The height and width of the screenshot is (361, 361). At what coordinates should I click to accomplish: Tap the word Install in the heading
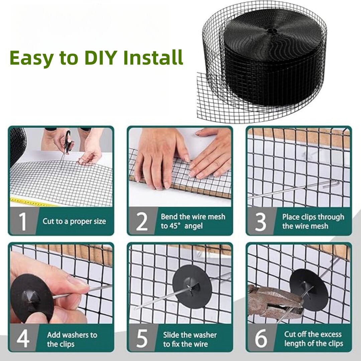click(153, 57)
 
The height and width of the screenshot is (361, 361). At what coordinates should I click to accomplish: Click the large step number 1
click(23, 221)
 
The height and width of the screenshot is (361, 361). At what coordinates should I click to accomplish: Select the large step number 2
click(142, 222)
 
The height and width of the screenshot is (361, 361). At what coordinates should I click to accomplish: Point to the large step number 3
click(261, 222)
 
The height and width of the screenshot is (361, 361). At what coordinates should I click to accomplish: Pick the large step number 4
click(23, 338)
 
